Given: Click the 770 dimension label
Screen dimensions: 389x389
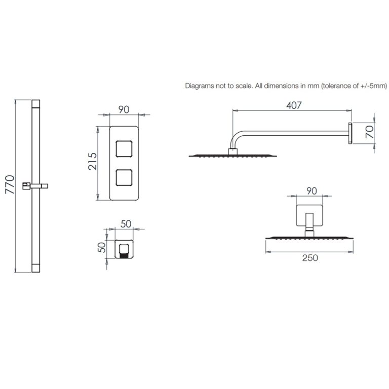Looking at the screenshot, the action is point(10,184).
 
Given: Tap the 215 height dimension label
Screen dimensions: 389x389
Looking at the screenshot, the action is point(93,161).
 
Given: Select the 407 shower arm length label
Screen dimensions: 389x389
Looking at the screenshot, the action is point(294,105).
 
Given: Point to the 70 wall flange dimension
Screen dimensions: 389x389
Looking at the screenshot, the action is point(369,132).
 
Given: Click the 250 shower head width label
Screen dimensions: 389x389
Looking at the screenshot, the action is point(310,258).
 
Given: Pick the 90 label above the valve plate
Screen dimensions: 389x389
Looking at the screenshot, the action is point(124,109).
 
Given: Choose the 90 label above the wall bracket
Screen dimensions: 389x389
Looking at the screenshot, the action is point(312,191).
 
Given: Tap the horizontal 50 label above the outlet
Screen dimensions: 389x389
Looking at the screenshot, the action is point(126,224).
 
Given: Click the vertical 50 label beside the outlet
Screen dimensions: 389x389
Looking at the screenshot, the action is point(102,247).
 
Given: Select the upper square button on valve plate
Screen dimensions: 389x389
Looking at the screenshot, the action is point(124,149).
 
